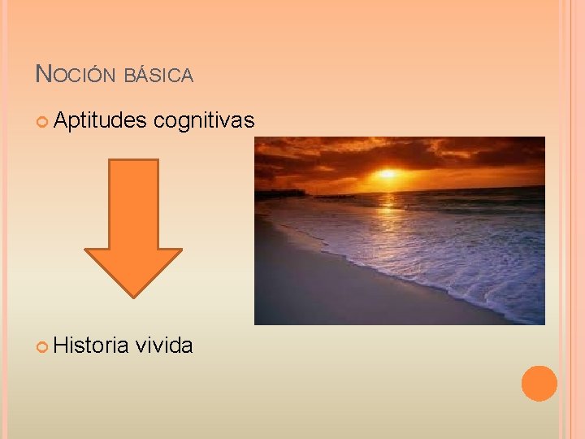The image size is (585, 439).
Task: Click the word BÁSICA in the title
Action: click(159, 76)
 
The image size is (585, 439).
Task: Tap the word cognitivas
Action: click(204, 121)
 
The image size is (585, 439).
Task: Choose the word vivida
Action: click(164, 346)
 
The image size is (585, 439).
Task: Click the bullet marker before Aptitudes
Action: click(43, 122)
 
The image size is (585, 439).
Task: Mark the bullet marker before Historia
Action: click(43, 347)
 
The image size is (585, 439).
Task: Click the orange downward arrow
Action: click(133, 219)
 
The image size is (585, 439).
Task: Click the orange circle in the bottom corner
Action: click(539, 383)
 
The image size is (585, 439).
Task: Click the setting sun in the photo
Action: click(388, 173)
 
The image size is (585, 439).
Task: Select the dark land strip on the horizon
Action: click(280, 193)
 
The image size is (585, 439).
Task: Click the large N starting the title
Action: click(44, 75)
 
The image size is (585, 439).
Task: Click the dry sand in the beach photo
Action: click(325, 285)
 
